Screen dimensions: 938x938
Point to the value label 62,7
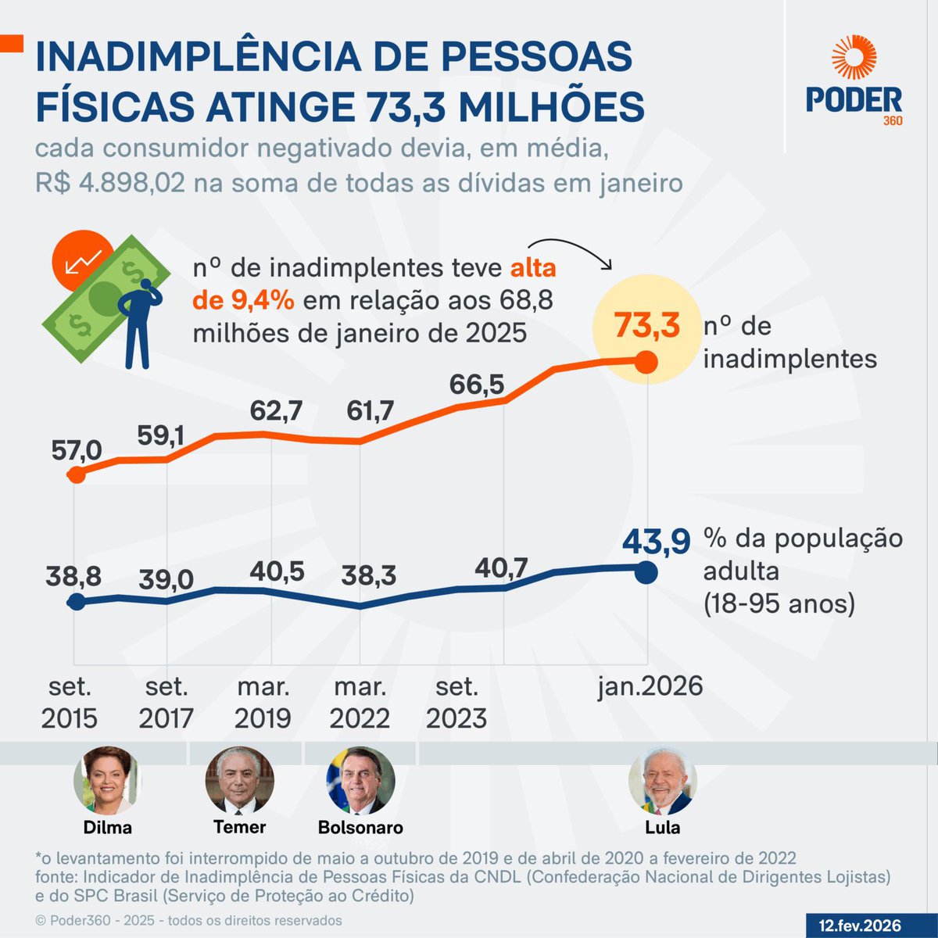(x=276, y=410)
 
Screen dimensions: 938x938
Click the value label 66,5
(x=476, y=385)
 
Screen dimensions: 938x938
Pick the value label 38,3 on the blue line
(x=369, y=576)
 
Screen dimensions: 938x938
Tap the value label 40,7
(x=501, y=567)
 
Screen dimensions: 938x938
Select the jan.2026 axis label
(x=650, y=686)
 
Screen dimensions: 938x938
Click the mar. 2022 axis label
(x=360, y=702)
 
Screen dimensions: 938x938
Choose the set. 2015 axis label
(x=70, y=702)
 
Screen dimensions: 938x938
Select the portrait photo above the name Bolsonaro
(x=360, y=781)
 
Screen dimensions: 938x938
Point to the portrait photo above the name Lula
(x=663, y=781)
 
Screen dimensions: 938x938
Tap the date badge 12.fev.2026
(x=860, y=925)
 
